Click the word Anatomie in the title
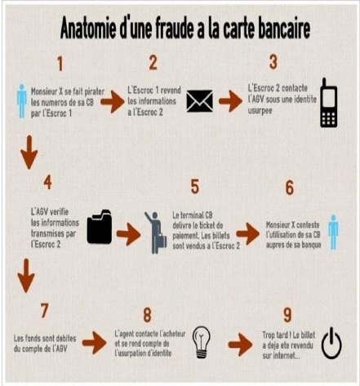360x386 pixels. (88, 29)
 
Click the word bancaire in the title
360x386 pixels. (284, 28)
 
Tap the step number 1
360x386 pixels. (60, 64)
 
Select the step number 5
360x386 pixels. (195, 187)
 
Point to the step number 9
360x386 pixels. (287, 315)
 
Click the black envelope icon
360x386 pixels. (200, 101)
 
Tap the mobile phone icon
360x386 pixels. (328, 103)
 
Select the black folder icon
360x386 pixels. (100, 226)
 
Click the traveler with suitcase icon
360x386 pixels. (156, 233)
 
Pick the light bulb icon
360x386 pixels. (201, 342)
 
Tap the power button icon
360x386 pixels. (331, 343)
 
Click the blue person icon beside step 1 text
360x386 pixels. (22, 101)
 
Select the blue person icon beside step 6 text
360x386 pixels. (333, 232)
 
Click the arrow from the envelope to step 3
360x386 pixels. (230, 101)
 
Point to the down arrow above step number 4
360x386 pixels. (29, 153)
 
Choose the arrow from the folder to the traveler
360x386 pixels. (129, 234)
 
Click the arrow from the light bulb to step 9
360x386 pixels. (240, 345)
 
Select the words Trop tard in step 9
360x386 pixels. (275, 335)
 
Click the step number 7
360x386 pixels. (44, 311)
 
